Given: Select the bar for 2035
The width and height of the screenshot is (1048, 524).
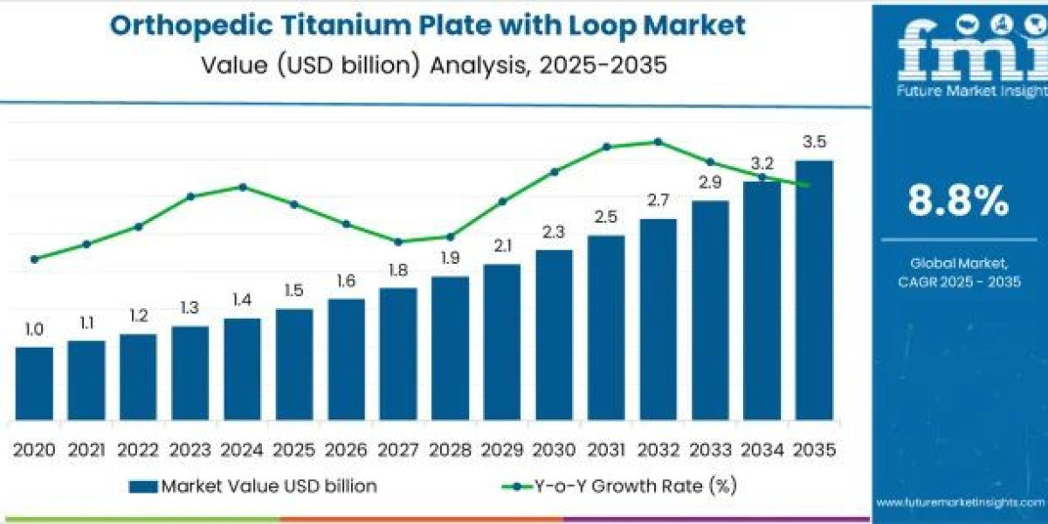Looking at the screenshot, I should click(814, 289).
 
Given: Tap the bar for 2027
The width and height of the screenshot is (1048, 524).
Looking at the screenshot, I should click(398, 353).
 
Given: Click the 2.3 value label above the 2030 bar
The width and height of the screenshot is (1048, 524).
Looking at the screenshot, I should click(554, 232).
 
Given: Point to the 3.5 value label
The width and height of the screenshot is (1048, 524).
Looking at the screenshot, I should click(814, 142).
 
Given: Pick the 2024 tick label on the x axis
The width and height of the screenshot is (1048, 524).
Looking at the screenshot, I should click(242, 450).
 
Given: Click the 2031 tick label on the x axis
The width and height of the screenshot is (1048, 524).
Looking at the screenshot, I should click(606, 450).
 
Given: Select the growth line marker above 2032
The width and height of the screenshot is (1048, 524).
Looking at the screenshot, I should click(658, 141).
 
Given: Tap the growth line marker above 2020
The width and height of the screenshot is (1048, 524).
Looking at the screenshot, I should click(34, 259).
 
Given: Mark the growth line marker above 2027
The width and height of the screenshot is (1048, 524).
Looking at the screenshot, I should click(398, 242).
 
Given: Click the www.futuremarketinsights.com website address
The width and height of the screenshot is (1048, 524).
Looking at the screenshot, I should click(961, 502).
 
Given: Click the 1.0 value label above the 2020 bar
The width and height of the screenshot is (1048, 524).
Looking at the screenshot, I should click(34, 329).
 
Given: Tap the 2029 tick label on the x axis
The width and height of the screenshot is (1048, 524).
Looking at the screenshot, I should click(502, 450).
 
